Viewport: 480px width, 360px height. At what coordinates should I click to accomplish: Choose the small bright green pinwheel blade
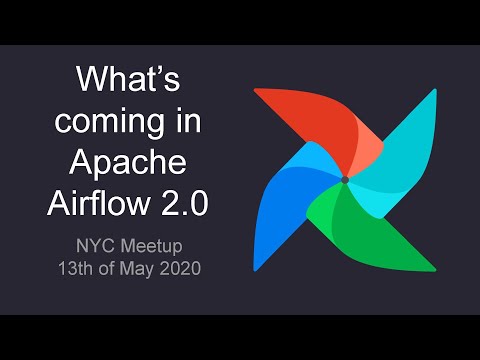(x=330, y=206)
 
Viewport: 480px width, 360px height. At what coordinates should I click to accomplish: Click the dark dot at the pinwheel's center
(x=344, y=180)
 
